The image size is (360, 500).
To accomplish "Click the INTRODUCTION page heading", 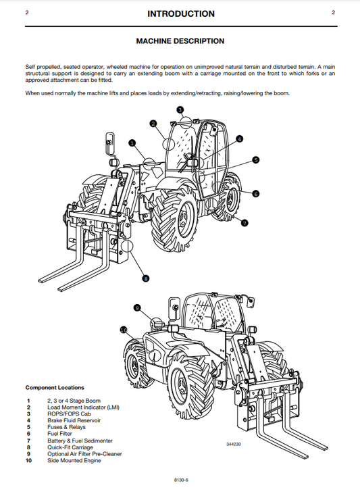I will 180,14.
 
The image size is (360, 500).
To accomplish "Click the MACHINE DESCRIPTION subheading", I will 180,41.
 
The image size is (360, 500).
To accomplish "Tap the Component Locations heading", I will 55,387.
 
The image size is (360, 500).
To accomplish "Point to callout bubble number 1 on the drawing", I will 132,143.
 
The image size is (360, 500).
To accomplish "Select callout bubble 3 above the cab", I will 180,109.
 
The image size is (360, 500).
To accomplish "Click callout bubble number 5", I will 255,159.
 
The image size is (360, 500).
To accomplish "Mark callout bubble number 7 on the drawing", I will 245,222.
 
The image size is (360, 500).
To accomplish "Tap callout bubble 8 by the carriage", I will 146,278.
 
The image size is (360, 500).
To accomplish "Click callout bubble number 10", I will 123,330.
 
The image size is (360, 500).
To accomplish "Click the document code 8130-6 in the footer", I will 180,481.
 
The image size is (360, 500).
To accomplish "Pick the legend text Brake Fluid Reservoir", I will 74,420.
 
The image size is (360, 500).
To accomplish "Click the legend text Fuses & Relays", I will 66,427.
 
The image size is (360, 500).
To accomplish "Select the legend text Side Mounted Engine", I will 74,461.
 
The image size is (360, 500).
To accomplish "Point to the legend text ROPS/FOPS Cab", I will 68,414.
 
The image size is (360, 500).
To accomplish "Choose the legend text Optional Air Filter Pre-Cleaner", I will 84,454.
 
